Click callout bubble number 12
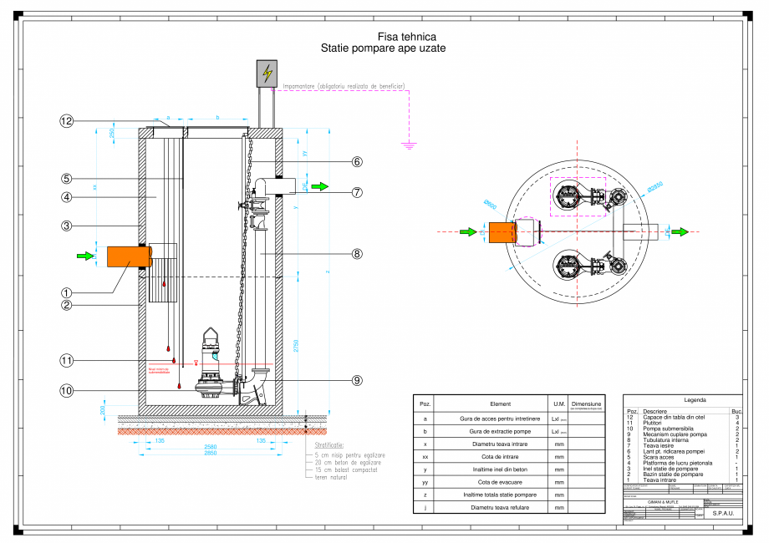pos(66,121)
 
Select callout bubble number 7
pos(357,192)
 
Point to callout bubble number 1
pos(66,293)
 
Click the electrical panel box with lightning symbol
pos(267,74)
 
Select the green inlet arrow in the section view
pos(86,256)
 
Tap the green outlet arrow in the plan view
pos(682,231)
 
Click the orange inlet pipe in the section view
pos(122,256)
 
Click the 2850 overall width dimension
pos(216,452)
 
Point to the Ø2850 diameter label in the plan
pos(654,185)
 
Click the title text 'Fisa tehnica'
pos(383,38)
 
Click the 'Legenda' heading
pos(683,400)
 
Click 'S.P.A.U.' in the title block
pos(723,514)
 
